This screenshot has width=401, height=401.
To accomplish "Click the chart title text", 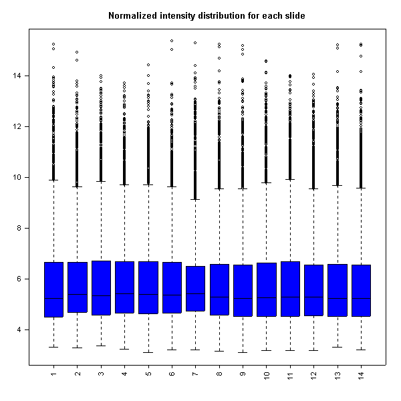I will (207, 15).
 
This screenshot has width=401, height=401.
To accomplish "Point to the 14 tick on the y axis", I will (18, 76).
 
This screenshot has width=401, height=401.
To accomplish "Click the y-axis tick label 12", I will (18, 126).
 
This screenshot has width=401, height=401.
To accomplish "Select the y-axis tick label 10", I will (18, 177).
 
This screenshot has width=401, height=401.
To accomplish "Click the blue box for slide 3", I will (101, 287).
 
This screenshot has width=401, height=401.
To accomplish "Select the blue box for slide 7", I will (195, 288).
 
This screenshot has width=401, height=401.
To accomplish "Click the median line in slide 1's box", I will (53, 298).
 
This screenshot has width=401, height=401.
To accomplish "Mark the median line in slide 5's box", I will (148, 294).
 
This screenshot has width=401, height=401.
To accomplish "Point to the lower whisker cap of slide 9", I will (243, 352).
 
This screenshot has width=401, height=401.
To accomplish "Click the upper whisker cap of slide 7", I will (195, 199).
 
